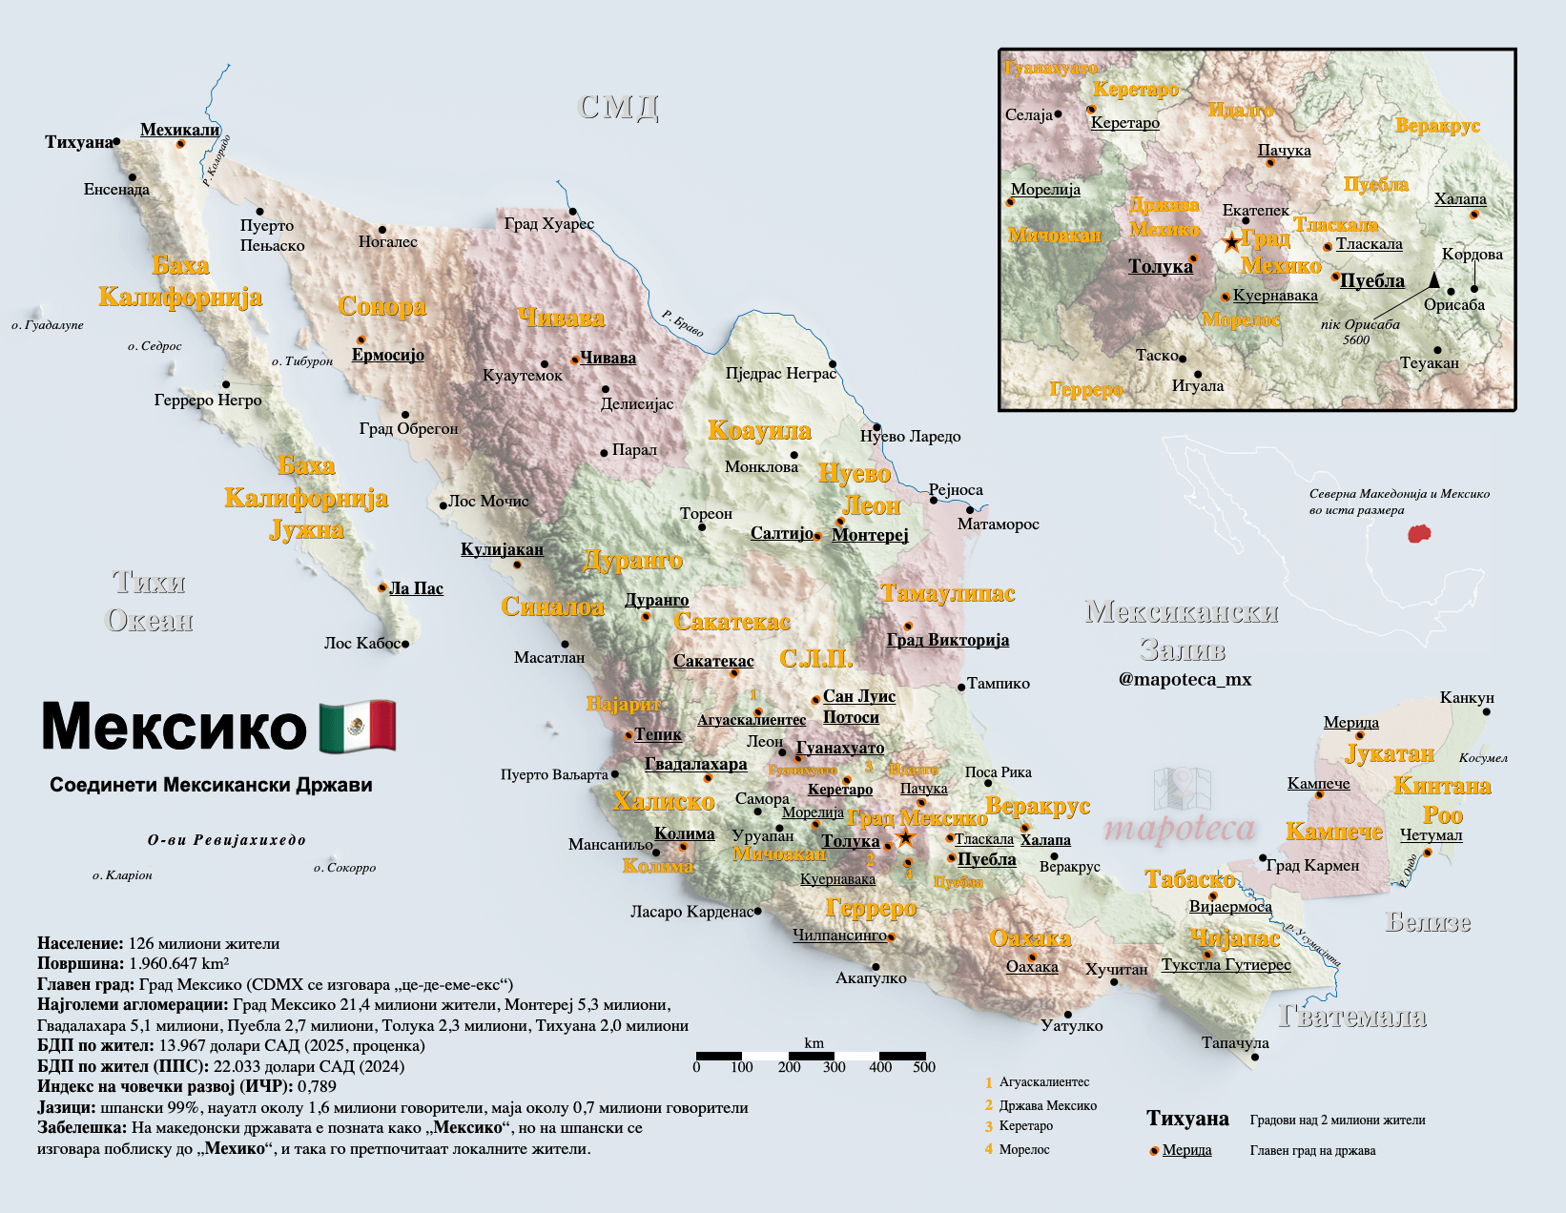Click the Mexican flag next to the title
(358, 727)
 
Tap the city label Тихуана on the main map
(78, 142)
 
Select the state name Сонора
(381, 307)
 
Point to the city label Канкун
(1466, 698)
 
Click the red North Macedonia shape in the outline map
(1420, 533)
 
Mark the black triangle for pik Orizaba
(1433, 279)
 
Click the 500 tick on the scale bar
(923, 1067)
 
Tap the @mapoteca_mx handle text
(1185, 680)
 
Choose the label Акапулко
(871, 978)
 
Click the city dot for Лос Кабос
(405, 645)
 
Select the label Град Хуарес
(548, 224)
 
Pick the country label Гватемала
(1351, 1017)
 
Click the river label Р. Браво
(683, 324)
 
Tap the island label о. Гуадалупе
(48, 325)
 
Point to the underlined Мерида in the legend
(1186, 1150)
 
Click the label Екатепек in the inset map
(1255, 210)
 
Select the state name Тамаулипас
(947, 593)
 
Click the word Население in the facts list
(80, 943)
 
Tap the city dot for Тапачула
(1254, 1057)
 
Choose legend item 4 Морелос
(1023, 1150)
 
